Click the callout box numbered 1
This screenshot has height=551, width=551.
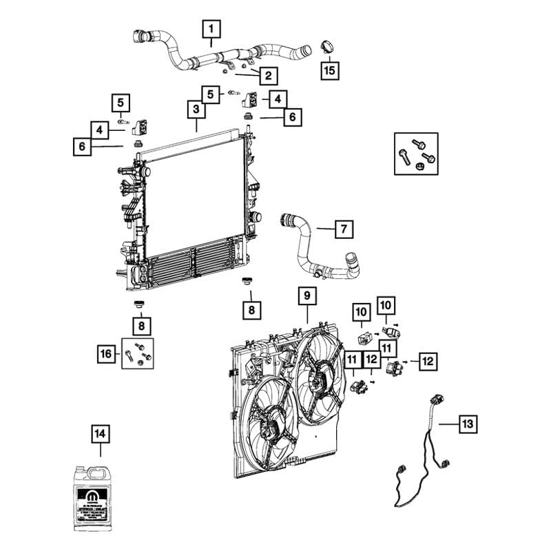click(x=211, y=29)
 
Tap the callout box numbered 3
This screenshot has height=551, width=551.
click(x=196, y=110)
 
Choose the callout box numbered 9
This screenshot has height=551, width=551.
click(x=306, y=297)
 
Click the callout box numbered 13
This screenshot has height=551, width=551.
click(x=468, y=424)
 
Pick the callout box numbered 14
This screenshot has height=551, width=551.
click(x=101, y=435)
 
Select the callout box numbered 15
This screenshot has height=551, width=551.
click(x=330, y=70)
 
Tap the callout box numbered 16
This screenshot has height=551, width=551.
click(x=105, y=353)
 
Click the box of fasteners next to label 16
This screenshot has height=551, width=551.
click(x=137, y=353)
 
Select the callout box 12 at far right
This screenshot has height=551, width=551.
click(x=427, y=360)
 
